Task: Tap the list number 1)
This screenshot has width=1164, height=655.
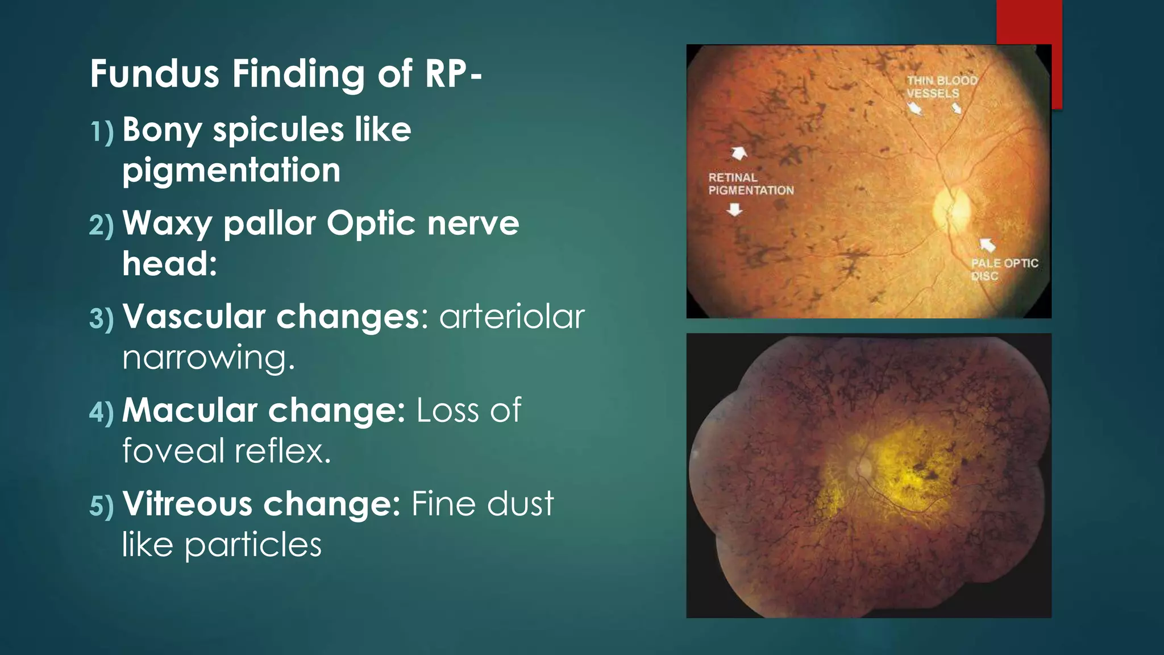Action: click(x=102, y=131)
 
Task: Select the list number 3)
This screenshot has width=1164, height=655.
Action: click(x=102, y=318)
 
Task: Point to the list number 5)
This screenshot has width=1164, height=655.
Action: click(x=102, y=505)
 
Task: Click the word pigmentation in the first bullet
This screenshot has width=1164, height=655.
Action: click(x=231, y=171)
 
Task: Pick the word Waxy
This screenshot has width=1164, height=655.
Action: click(x=167, y=223)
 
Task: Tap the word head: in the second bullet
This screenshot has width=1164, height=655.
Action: click(x=169, y=264)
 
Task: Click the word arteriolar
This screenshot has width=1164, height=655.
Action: click(x=512, y=317)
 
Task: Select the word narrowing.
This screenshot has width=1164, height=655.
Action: click(x=209, y=358)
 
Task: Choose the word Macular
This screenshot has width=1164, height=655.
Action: click(x=190, y=410)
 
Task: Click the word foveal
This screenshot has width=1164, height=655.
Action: click(x=173, y=451)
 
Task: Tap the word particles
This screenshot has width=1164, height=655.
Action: click(x=253, y=545)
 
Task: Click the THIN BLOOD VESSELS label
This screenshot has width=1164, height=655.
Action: click(x=941, y=87)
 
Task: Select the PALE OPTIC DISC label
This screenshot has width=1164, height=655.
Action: click(x=1004, y=270)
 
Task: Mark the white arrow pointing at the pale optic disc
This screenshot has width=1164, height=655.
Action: click(x=988, y=244)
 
